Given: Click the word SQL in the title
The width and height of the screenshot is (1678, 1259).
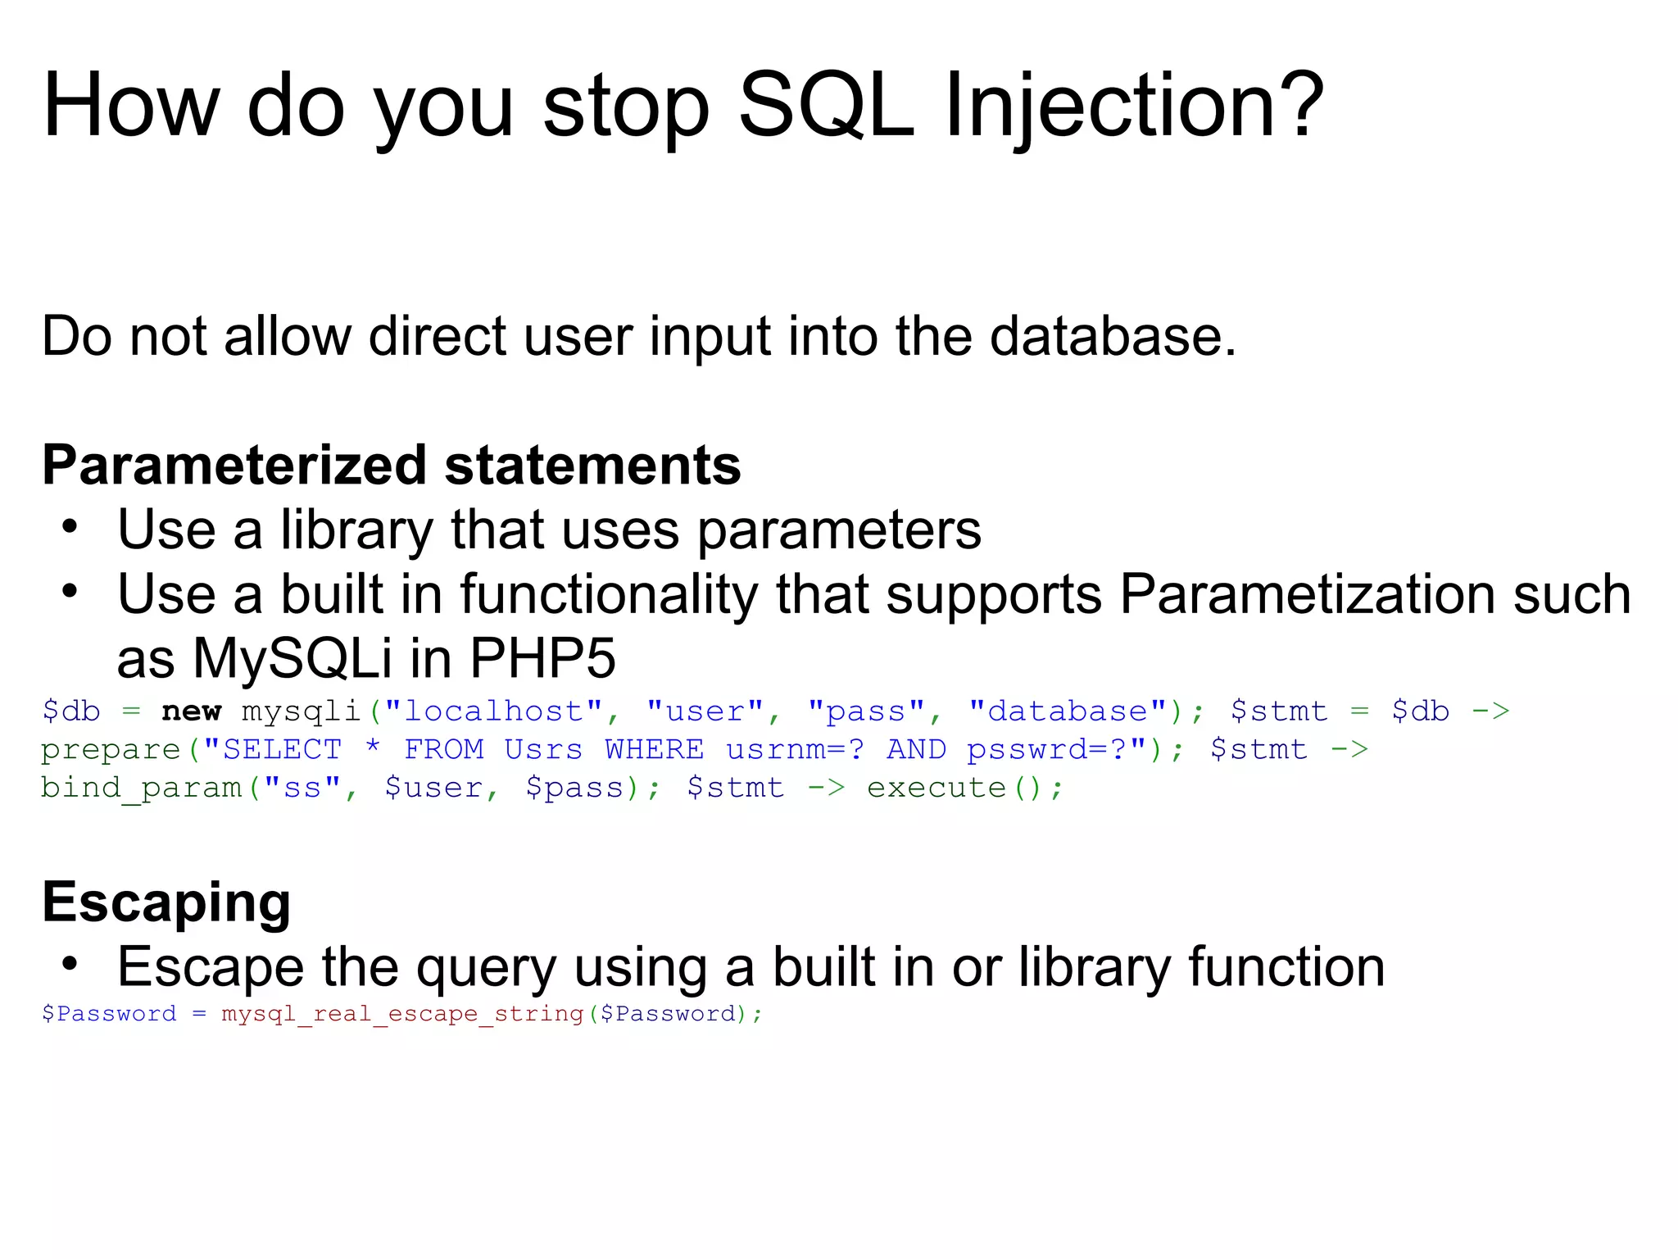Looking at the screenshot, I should pyautogui.click(x=826, y=105).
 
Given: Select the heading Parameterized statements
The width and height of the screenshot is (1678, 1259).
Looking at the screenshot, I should pyautogui.click(x=391, y=465).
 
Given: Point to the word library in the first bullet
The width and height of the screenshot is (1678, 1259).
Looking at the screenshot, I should pyautogui.click(x=356, y=530).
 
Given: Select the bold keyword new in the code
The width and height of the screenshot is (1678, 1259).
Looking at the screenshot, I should pyautogui.click(x=191, y=711).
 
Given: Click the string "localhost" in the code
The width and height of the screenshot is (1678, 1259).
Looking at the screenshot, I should pyautogui.click(x=493, y=711).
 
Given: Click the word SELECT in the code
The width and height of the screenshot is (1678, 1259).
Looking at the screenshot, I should pyautogui.click(x=282, y=749).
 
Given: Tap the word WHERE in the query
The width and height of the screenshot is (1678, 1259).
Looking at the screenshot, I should pyautogui.click(x=654, y=749).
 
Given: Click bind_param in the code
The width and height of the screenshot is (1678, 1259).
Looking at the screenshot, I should pyautogui.click(x=141, y=788).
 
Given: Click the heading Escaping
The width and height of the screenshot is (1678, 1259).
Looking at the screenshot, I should pyautogui.click(x=166, y=902).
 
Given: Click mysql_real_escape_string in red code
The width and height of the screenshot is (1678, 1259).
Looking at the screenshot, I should pyautogui.click(x=402, y=1014).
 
